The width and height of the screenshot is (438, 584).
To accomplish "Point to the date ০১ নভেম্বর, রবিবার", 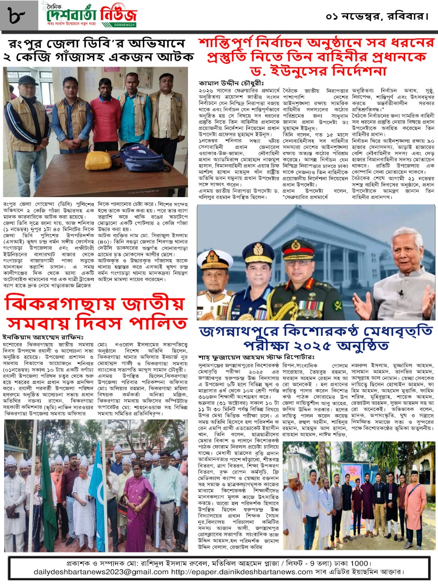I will (x=377, y=17).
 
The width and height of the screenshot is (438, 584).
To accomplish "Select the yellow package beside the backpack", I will (x=98, y=161).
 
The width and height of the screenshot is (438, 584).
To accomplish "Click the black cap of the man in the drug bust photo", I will (x=28, y=81).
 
